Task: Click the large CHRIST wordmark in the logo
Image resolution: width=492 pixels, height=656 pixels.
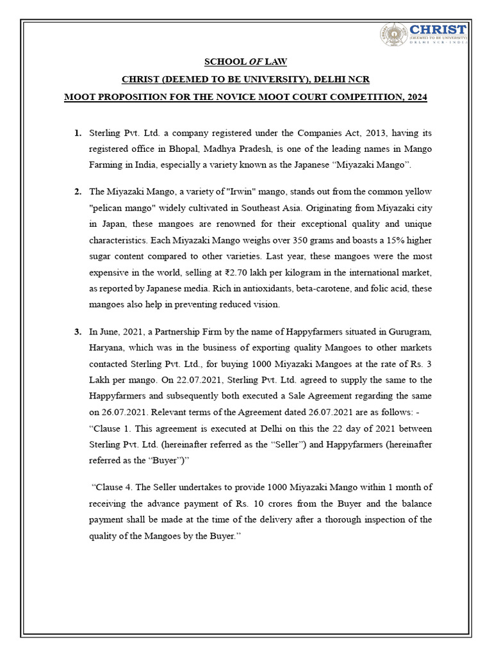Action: tap(438, 29)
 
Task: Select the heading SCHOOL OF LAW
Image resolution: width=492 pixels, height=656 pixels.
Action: tap(245, 62)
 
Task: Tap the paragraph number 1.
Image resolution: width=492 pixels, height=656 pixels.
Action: tap(78, 133)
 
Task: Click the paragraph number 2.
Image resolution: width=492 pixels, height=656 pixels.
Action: tap(78, 192)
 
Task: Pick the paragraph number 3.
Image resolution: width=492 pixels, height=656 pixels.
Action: tap(78, 332)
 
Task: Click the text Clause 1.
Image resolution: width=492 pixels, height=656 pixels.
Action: tap(115, 428)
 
